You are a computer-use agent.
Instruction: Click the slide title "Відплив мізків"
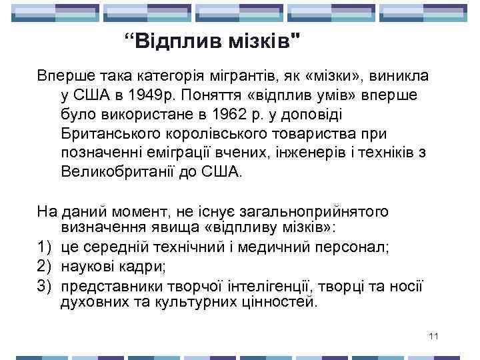click(212, 44)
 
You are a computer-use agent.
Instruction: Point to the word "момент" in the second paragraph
click(147, 212)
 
